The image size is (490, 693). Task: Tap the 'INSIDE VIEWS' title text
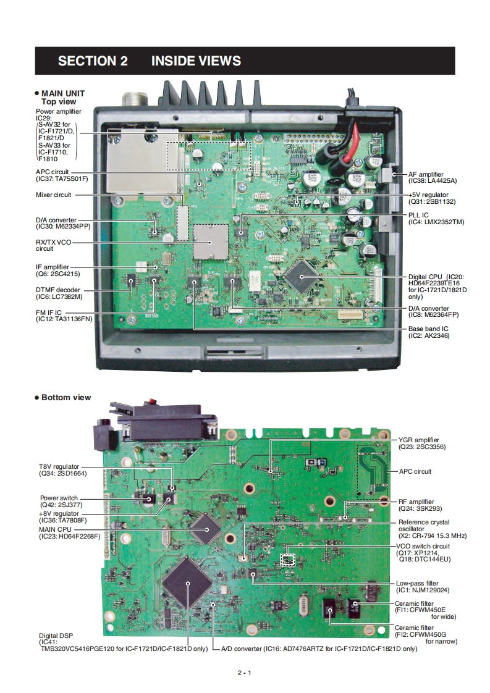click(196, 61)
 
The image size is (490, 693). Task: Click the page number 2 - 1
click(245, 673)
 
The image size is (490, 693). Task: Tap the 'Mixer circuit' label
click(53, 195)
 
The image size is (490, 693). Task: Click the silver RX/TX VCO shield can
click(209, 241)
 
